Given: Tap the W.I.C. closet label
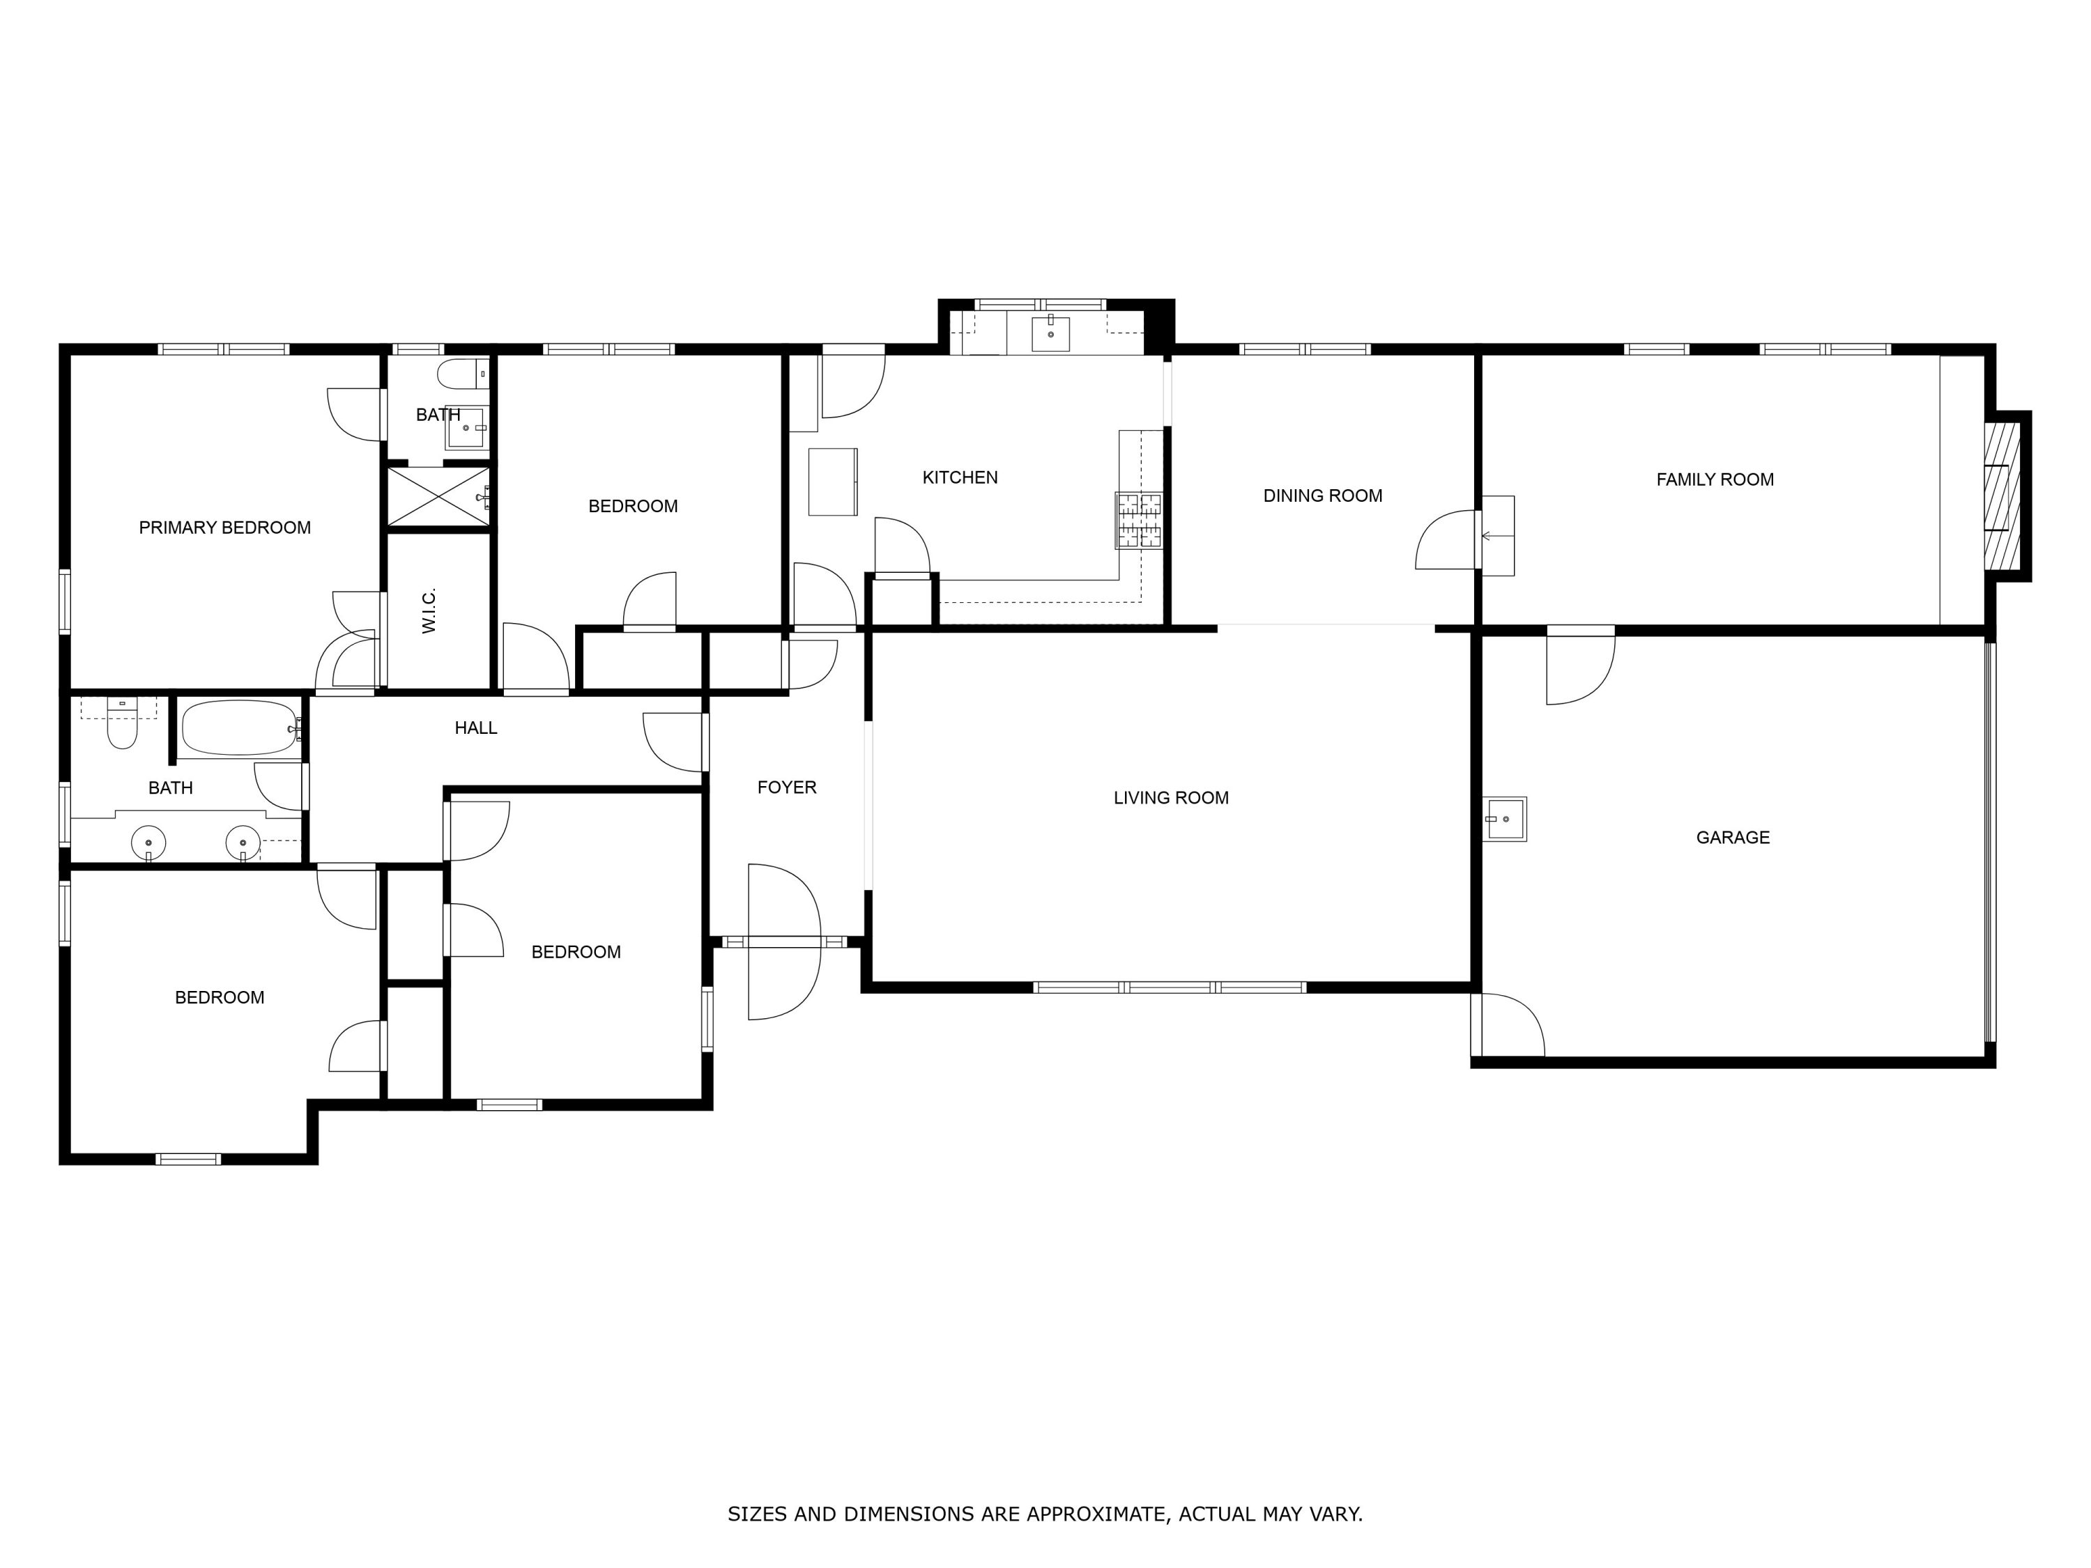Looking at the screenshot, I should click(x=429, y=610).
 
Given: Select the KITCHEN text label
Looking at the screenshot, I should click(x=960, y=477).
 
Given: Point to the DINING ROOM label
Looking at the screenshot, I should click(x=1322, y=495).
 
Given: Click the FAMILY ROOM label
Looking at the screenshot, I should click(x=1714, y=479).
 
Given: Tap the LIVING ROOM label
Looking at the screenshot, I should click(x=1170, y=798).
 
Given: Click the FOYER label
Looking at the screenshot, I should click(x=786, y=787).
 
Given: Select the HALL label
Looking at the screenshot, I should click(x=475, y=728).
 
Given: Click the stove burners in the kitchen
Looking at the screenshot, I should click(x=1138, y=521).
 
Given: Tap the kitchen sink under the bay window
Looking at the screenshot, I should click(x=1050, y=332).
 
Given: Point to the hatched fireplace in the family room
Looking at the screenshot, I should click(x=2001, y=496).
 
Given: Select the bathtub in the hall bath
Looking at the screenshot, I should click(x=240, y=728).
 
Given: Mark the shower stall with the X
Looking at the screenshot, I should click(x=438, y=495).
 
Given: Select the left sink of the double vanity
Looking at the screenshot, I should click(x=148, y=841).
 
